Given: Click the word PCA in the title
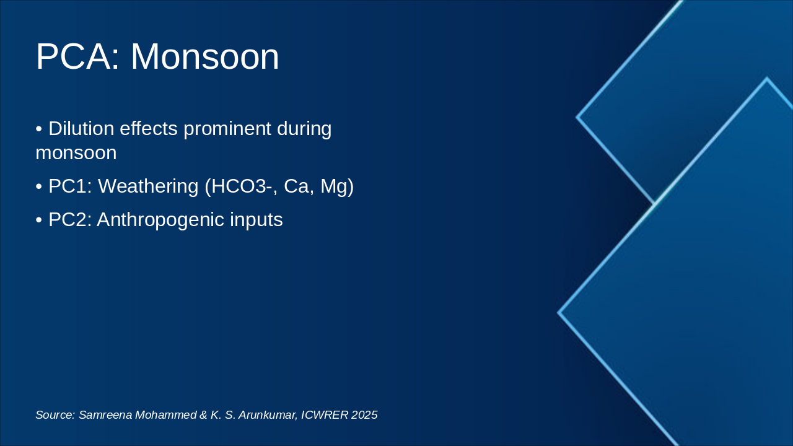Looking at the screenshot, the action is [x=78, y=57].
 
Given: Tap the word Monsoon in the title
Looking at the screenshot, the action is [x=205, y=57].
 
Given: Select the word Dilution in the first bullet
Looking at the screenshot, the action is [x=81, y=128].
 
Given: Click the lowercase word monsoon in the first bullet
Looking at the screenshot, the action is [x=76, y=153].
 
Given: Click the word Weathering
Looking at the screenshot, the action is [x=148, y=186].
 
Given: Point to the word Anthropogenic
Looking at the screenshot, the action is [x=160, y=220].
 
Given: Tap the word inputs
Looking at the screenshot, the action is [x=256, y=220].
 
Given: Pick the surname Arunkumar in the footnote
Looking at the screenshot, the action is [x=268, y=415].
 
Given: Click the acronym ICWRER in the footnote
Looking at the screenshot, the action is [x=325, y=415].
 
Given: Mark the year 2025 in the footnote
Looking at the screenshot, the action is [x=364, y=415].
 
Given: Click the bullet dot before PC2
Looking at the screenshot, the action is [x=39, y=220].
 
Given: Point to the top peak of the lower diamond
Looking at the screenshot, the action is [x=767, y=78].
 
